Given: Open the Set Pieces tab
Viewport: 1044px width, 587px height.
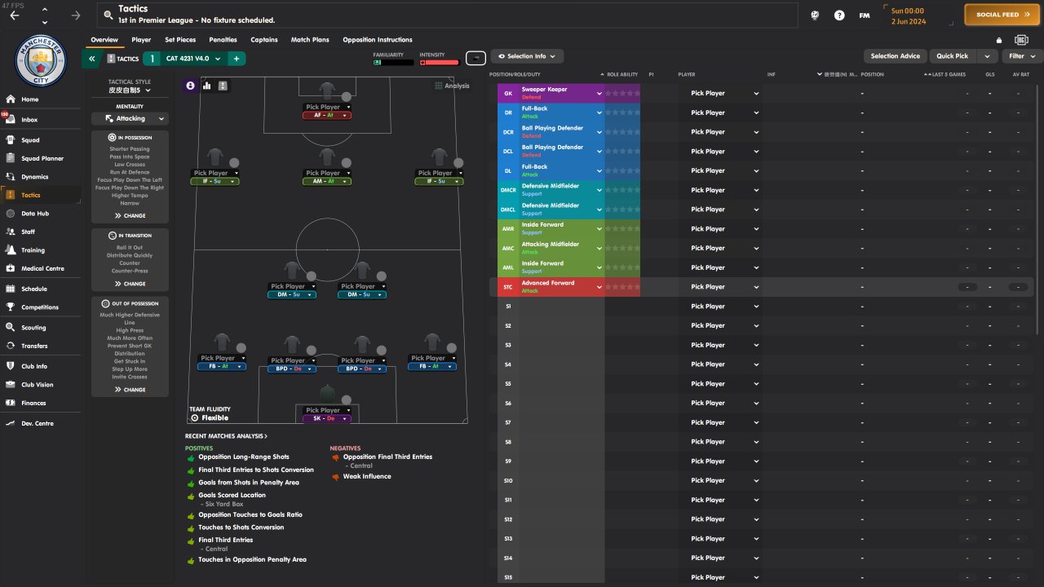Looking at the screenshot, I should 180,40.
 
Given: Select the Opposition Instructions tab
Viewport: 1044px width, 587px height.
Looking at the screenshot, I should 377,40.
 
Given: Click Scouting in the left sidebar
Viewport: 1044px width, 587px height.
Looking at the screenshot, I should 33,328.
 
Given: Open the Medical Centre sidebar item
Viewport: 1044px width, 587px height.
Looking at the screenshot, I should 42,268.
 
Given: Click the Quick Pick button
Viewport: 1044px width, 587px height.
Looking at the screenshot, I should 952,56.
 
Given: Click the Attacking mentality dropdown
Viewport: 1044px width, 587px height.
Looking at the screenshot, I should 130,118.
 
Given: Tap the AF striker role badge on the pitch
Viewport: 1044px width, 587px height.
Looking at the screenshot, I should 327,116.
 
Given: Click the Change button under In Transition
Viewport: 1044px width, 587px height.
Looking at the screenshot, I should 130,284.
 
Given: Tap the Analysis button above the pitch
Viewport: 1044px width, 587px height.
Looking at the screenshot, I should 453,86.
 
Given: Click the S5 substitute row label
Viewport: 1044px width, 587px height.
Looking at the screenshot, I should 508,384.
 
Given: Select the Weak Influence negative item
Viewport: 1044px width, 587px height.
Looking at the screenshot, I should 366,477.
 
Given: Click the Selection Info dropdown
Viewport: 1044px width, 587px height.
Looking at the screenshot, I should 527,56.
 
